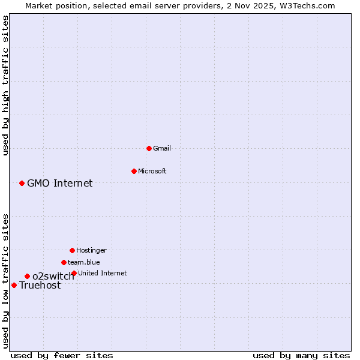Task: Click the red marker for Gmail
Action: point(149,148)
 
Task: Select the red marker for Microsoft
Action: point(134,171)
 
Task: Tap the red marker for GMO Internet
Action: point(22,183)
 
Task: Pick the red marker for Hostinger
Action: point(72,250)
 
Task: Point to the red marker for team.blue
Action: point(64,262)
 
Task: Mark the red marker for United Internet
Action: point(74,273)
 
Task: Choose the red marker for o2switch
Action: point(27,276)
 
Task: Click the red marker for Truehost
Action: point(14,285)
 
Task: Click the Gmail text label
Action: point(162,148)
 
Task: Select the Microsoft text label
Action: point(152,171)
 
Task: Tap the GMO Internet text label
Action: point(59,183)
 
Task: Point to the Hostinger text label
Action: point(91,250)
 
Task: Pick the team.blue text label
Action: point(83,262)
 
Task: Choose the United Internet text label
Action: point(102,273)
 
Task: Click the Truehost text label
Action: point(40,286)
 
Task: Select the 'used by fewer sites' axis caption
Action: point(62,355)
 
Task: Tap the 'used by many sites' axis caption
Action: point(301,355)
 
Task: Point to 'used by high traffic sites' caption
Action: point(5,85)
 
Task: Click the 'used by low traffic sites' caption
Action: point(5,281)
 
